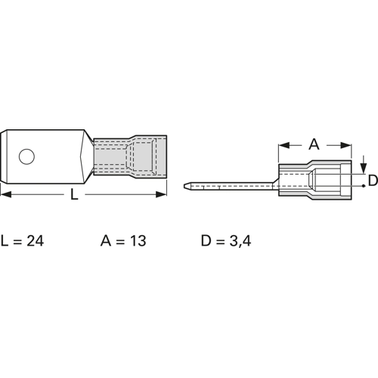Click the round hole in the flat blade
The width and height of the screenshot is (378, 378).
coord(26,156)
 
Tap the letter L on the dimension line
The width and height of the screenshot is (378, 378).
coord(74,195)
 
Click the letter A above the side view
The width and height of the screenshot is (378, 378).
coord(314,144)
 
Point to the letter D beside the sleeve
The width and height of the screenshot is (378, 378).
coord(373,181)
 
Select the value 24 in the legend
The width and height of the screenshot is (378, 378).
coord(36,240)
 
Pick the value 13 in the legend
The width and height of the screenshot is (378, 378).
coord(138,240)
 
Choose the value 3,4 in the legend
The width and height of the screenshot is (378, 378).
coord(240,241)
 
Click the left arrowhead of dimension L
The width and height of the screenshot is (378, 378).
coord(5,194)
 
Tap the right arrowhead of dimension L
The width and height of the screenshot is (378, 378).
coord(161,194)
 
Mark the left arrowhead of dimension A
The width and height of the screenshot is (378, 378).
coord(284,145)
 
